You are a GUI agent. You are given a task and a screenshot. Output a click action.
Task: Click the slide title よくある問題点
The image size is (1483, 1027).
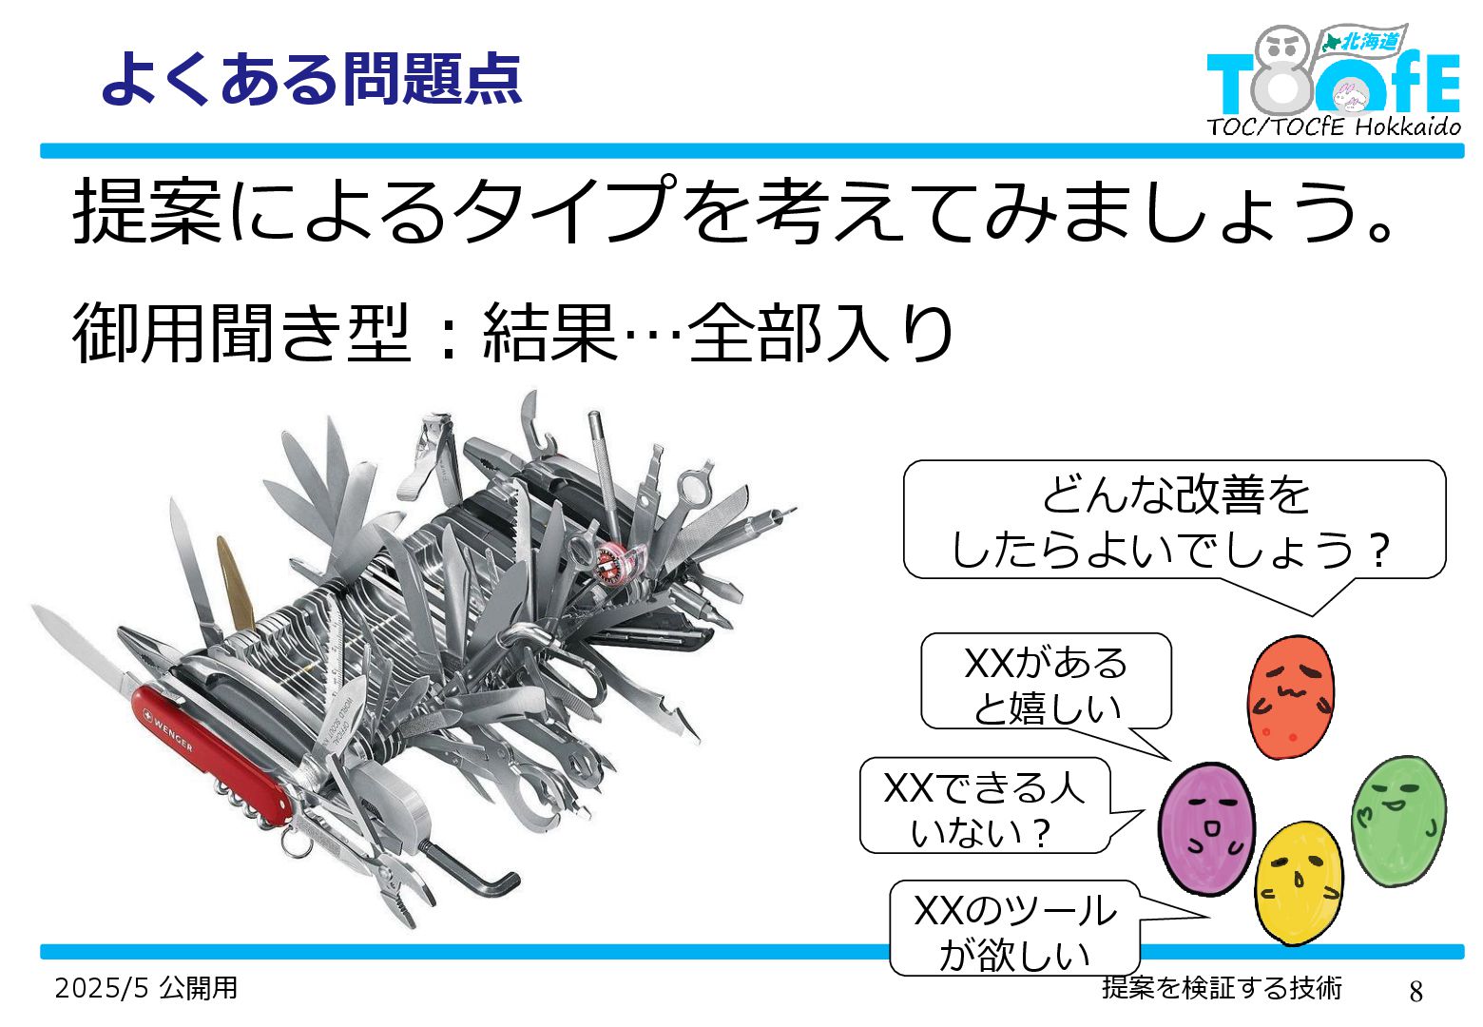312,78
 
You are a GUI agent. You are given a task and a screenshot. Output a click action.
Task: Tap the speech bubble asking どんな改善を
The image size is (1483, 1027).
1173,521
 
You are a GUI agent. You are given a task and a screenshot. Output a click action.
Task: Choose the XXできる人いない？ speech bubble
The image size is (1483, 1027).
983,806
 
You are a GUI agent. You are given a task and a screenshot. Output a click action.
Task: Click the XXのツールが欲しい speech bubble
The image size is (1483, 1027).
1013,930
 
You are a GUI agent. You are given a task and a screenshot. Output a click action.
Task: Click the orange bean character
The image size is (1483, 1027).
1290,697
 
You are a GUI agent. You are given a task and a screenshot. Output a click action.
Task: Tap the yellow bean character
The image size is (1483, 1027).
1299,882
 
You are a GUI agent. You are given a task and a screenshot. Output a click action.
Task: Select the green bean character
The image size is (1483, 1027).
1398,820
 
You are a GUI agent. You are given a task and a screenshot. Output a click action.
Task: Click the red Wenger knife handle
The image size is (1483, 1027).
214,751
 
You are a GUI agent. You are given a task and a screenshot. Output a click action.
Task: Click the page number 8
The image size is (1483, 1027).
1416,991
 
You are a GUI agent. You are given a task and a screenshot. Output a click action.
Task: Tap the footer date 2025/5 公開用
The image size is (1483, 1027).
145,988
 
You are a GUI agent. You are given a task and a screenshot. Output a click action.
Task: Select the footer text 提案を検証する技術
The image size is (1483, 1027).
1222,988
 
